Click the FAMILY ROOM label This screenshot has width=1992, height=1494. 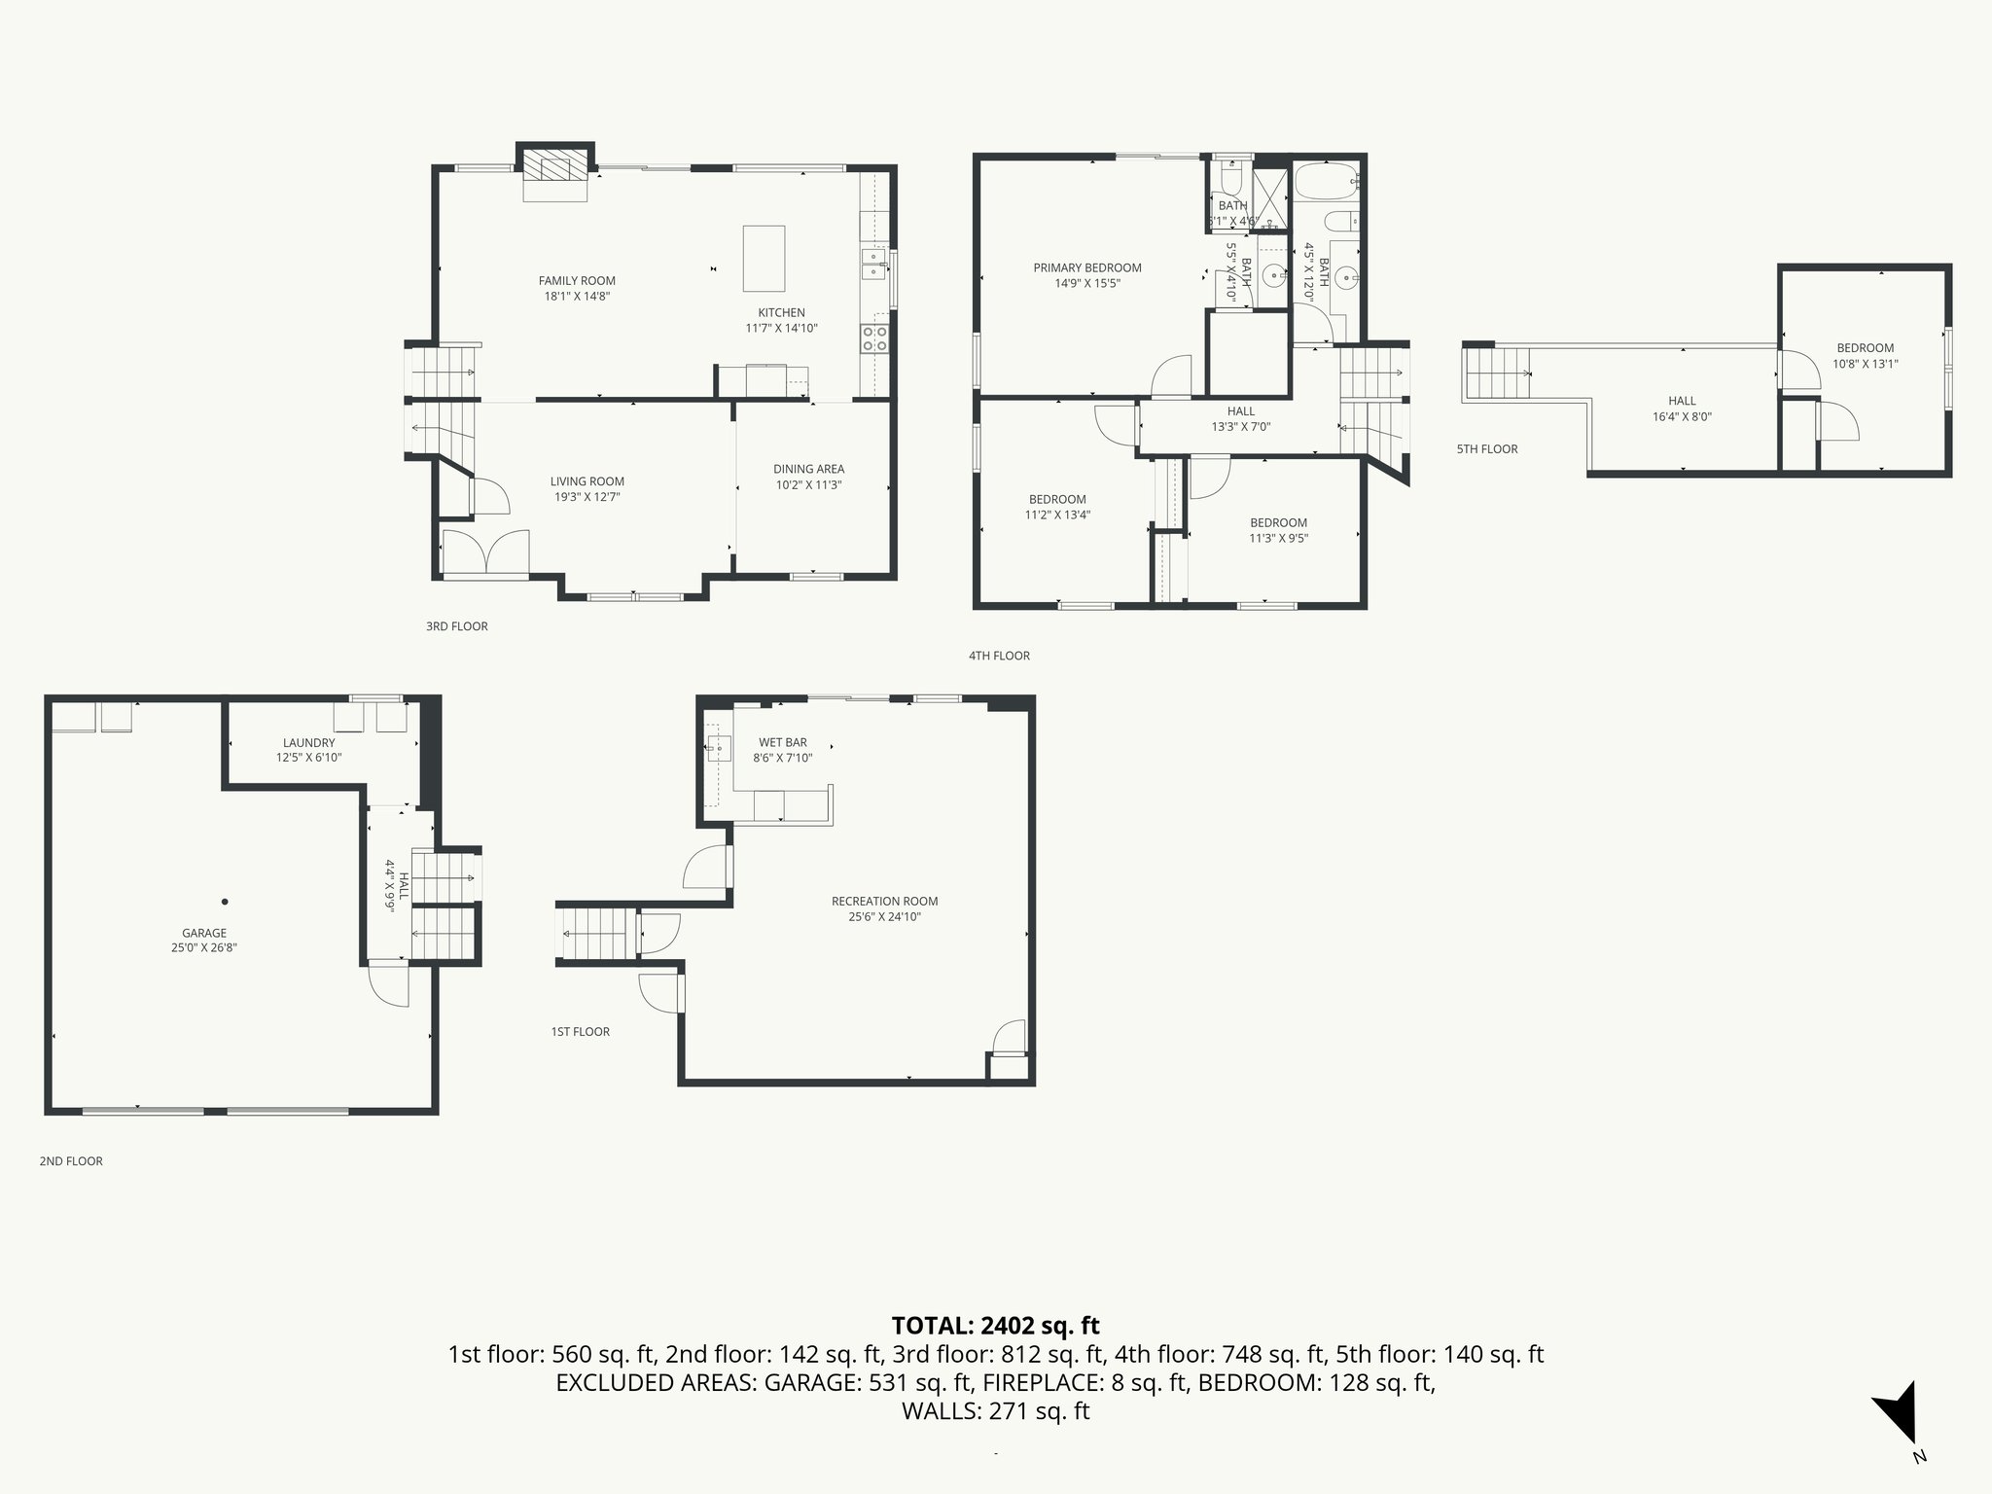click(577, 281)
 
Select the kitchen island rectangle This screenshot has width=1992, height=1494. click(764, 258)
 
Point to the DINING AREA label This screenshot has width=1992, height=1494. click(808, 469)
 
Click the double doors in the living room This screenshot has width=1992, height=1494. click(485, 553)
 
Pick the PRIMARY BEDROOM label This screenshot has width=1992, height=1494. click(1086, 267)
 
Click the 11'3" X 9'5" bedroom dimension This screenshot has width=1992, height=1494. click(1278, 538)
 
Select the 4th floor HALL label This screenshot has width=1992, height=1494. click(1240, 411)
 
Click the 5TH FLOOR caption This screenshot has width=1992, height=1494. click(1486, 448)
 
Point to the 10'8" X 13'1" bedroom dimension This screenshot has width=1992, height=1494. click(1865, 364)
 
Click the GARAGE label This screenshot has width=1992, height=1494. click(204, 933)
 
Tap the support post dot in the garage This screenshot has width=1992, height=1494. click(225, 902)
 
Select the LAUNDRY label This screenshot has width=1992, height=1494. click(308, 742)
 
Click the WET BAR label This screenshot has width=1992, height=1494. click(782, 742)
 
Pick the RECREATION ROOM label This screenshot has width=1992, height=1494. click(884, 901)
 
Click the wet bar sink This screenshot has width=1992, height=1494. click(719, 748)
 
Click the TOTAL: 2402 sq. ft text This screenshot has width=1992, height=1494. click(995, 1325)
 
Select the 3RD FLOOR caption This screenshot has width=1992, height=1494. click(456, 626)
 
